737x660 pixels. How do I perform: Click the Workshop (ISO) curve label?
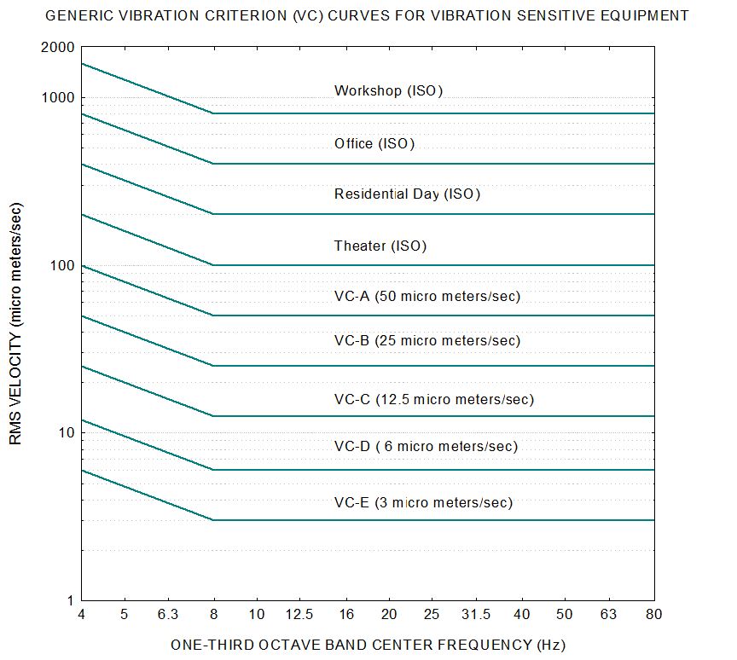388,90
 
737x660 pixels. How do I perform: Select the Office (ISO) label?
374,143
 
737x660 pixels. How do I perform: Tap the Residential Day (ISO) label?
407,194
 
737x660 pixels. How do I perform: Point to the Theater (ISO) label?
380,246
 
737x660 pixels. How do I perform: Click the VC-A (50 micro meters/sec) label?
427,297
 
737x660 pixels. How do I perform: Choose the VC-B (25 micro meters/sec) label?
427,341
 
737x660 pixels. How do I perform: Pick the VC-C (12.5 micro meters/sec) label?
433,399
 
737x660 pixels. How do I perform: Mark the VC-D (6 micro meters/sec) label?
426,446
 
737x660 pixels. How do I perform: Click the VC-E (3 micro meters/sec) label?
423,503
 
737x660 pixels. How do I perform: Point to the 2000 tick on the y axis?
57,47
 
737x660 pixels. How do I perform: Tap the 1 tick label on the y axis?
71,600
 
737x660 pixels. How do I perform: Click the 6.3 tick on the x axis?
168,615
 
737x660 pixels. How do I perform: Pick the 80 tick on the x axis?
654,615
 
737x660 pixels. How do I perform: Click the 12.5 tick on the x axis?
299,615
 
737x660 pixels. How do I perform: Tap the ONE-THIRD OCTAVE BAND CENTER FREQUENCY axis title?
368,645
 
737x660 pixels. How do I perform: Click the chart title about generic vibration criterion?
368,15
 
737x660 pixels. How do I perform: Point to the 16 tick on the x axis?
346,615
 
